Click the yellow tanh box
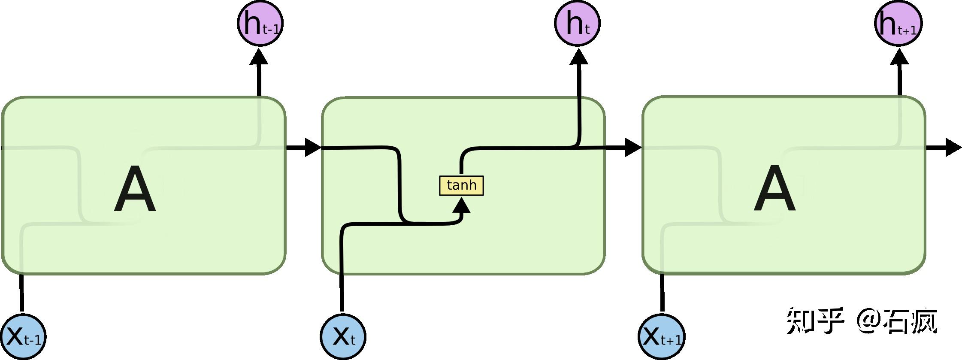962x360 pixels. click(461, 185)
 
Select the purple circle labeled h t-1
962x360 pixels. click(260, 23)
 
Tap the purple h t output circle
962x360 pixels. click(577, 23)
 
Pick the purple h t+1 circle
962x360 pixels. click(898, 23)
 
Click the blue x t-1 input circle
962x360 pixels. click(22, 336)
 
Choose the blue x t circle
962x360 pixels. click(343, 336)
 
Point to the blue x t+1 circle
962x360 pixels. click(661, 336)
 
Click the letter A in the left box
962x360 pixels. click(135, 190)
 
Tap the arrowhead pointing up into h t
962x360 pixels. click(579, 57)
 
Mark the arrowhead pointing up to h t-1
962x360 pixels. click(259, 57)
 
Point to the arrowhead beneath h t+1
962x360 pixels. click(899, 57)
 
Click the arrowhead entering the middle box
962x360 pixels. click(313, 148)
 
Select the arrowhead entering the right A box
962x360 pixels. click(632, 148)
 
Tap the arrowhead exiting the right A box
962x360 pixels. click(953, 148)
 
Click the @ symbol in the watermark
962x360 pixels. click(869, 320)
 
